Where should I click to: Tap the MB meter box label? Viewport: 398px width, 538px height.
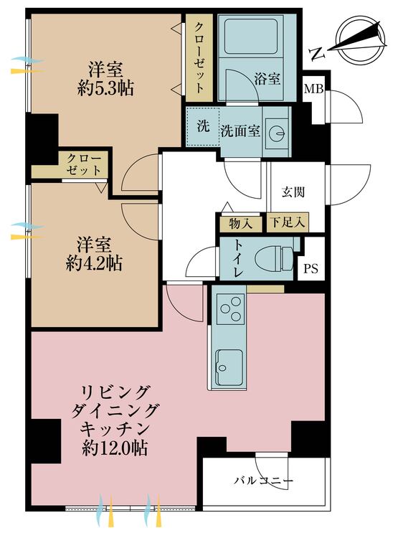tap(314, 89)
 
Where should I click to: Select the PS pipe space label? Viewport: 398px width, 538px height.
tap(311, 268)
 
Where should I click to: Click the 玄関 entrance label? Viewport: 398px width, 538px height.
tap(293, 192)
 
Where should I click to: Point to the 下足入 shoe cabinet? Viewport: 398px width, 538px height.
tap(288, 222)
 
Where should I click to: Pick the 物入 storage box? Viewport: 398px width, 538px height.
tap(241, 223)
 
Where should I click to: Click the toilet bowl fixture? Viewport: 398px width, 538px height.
tap(275, 258)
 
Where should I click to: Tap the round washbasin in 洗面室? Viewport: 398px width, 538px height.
tap(278, 133)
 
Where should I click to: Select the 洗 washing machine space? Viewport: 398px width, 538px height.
tap(203, 126)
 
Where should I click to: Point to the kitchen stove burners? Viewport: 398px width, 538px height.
tap(231, 308)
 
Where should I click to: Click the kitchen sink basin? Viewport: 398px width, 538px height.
tap(230, 367)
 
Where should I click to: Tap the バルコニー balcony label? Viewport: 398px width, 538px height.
tap(263, 481)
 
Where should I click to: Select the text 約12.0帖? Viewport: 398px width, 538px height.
tap(115, 448)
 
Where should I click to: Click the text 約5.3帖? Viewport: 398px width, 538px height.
tap(105, 89)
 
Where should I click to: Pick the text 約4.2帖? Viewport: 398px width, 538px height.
tap(94, 263)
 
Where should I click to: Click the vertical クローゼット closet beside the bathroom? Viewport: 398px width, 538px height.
tap(199, 57)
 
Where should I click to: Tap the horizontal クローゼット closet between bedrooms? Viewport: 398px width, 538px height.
tap(85, 165)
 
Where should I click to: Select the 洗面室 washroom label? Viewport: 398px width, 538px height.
tap(240, 131)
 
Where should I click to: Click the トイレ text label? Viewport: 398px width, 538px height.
tap(239, 259)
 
